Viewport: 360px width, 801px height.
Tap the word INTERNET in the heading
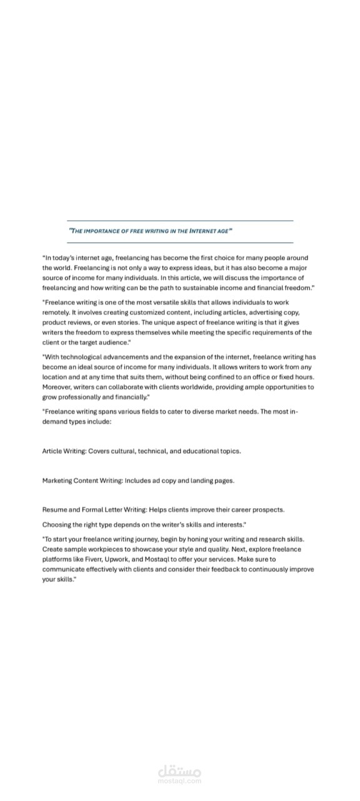click(x=199, y=231)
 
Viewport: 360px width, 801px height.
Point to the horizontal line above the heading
click(x=180, y=220)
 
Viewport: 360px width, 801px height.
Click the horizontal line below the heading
click(x=180, y=242)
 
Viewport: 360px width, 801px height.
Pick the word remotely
click(x=55, y=312)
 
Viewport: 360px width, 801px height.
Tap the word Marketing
click(x=57, y=481)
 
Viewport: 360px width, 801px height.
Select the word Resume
click(x=54, y=509)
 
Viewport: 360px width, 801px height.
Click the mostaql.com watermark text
click(x=180, y=781)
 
